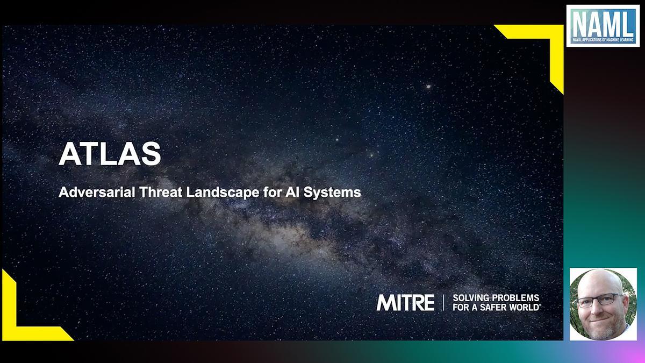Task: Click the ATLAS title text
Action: [x=110, y=154]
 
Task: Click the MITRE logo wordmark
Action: [x=405, y=302]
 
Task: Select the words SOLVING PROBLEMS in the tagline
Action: [x=496, y=297]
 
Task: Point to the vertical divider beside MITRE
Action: [x=443, y=302]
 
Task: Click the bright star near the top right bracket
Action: [x=428, y=86]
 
